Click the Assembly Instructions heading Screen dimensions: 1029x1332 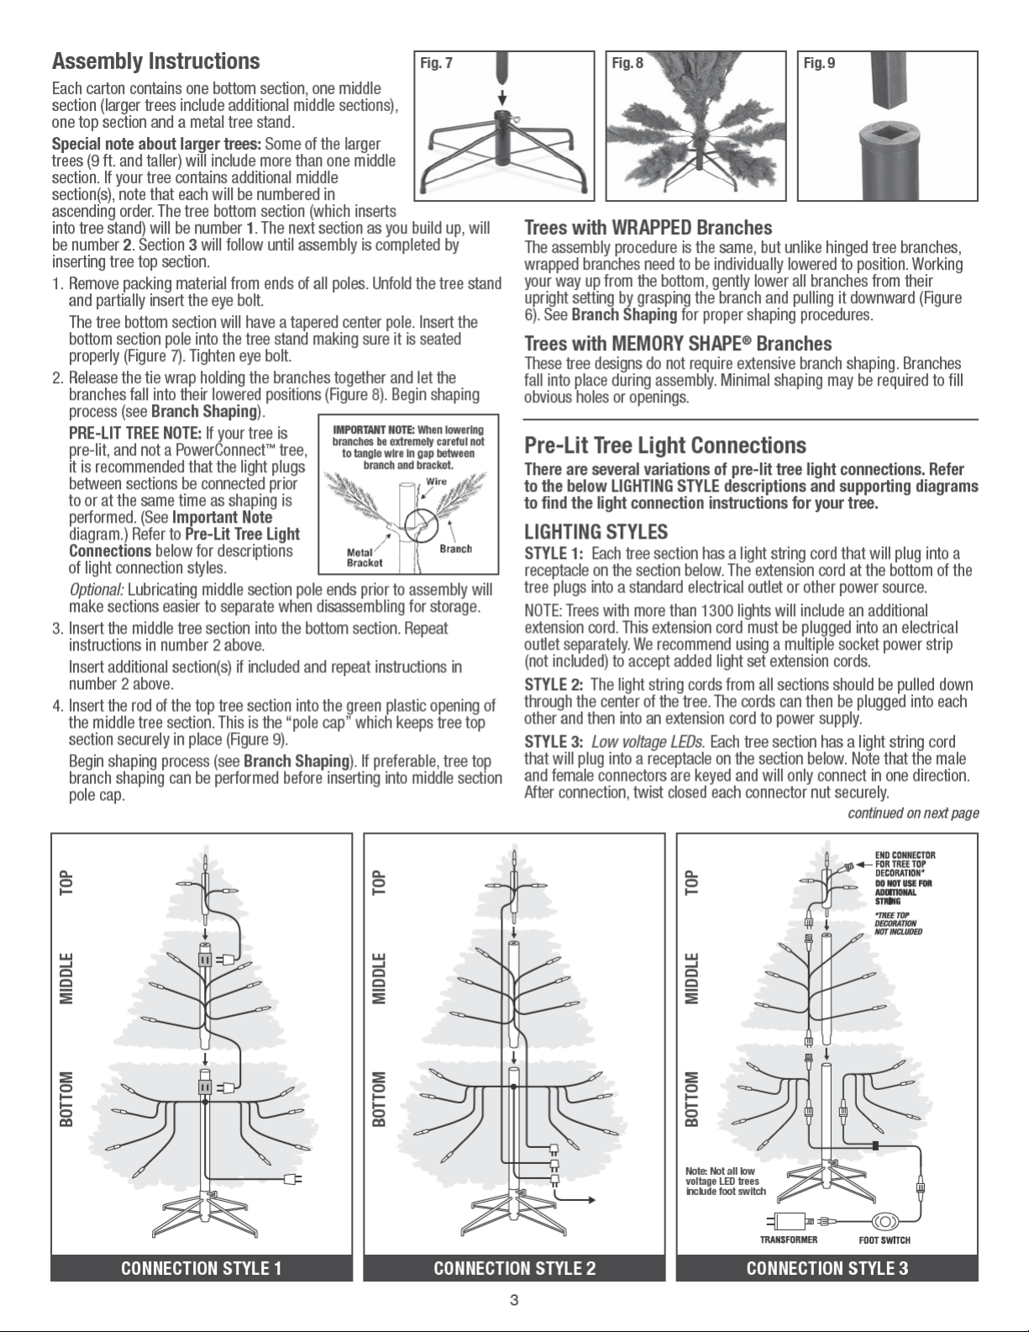[x=155, y=61]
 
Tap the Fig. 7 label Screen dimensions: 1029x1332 [x=436, y=63]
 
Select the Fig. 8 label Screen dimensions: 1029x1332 [x=627, y=63]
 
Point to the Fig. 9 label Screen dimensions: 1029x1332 [x=820, y=63]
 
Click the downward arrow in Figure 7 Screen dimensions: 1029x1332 [x=502, y=97]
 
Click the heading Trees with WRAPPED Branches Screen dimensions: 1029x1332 [x=648, y=228]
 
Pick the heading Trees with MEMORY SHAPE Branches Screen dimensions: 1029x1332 [x=678, y=343]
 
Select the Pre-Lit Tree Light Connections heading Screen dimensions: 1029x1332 [x=665, y=445]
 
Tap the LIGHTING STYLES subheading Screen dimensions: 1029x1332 [x=596, y=531]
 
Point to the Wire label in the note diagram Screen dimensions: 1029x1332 [x=437, y=482]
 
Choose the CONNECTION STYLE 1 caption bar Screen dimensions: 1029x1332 [x=202, y=1268]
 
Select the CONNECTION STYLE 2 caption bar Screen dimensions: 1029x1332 [x=514, y=1268]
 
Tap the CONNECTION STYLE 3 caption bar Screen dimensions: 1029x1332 [x=827, y=1268]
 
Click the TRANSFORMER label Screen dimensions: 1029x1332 [x=789, y=1240]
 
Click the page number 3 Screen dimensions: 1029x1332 [x=514, y=1300]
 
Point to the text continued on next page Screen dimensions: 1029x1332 [x=913, y=813]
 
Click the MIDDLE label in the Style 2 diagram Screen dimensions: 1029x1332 [x=379, y=978]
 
